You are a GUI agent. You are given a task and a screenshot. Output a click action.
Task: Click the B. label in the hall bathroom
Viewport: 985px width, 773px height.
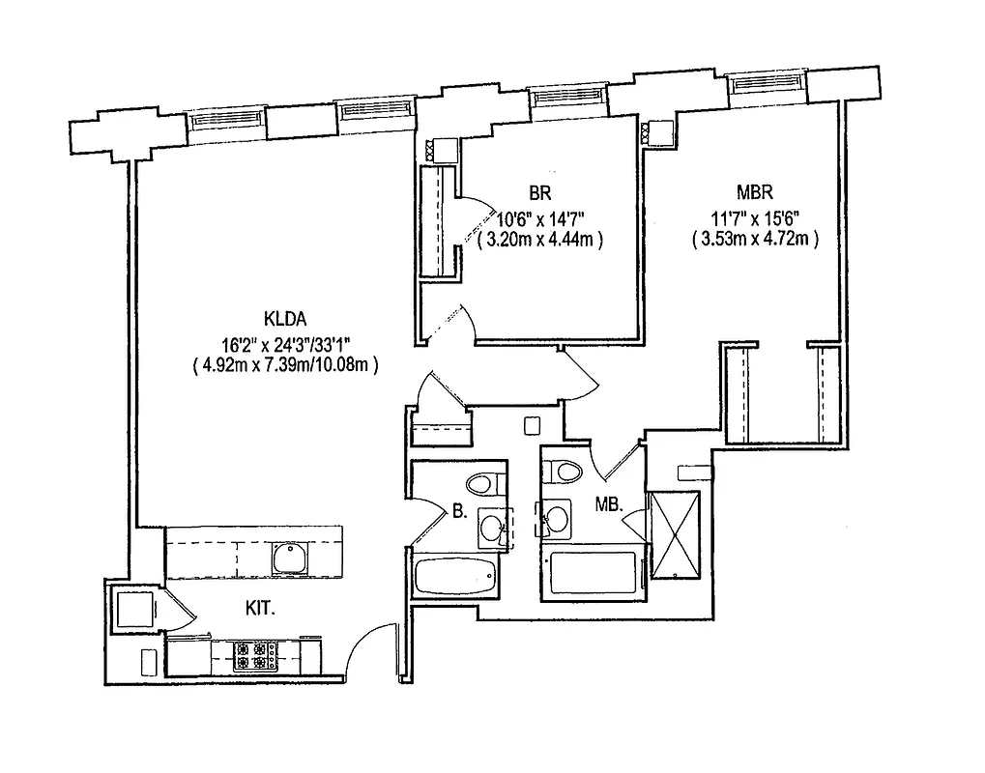(x=460, y=512)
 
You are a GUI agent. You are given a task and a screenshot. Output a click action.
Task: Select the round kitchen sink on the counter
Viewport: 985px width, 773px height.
(x=289, y=557)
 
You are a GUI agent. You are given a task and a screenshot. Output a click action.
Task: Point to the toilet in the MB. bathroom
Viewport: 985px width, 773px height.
(x=559, y=472)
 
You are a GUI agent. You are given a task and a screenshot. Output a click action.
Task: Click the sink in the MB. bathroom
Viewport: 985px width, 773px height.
(x=555, y=519)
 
